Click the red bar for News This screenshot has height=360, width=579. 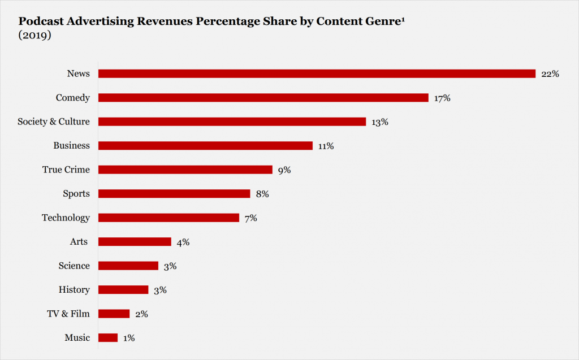coord(317,73)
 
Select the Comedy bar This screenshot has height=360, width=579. coord(263,98)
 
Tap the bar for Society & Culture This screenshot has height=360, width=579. coord(232,122)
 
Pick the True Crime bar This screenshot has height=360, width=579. coord(185,170)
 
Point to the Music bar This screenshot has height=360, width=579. coord(108,338)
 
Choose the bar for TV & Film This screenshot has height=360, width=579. coord(114,314)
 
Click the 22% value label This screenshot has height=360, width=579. coord(550,74)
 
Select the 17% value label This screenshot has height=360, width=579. coord(442,98)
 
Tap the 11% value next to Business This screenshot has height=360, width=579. coord(326,146)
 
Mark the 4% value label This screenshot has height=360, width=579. coord(183,242)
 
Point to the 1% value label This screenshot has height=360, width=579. coord(128,338)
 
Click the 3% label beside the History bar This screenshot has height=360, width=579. coord(160,290)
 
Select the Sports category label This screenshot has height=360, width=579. coord(76,194)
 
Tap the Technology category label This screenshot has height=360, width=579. coord(66,218)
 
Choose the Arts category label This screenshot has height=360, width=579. coord(79,242)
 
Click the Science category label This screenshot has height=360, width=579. coord(74,266)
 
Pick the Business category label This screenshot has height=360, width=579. coord(71,146)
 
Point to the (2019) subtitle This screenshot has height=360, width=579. coord(34,35)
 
